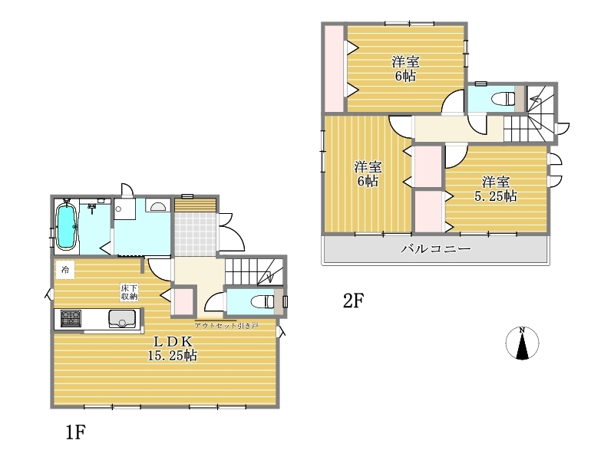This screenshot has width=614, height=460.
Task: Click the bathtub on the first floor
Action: (66, 226)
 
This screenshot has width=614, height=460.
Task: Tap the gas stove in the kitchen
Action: (71, 318)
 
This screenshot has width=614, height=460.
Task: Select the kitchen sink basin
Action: (123, 318)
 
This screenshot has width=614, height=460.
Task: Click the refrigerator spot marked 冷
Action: (65, 270)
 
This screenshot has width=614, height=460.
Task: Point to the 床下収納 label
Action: (129, 292)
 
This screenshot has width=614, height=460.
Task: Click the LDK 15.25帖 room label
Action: (172, 349)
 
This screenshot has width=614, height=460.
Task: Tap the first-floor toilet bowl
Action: (262, 301)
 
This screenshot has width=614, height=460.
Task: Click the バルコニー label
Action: (435, 248)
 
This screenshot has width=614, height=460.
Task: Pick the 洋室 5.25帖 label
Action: (496, 189)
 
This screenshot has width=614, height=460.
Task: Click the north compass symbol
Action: (522, 343)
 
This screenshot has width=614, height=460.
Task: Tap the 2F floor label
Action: (354, 301)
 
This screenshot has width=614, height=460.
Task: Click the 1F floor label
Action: (75, 432)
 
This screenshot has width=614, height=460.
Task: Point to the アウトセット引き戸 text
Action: (226, 325)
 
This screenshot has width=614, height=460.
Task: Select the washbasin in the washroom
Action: (158, 205)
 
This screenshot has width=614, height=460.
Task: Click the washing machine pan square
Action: (125, 209)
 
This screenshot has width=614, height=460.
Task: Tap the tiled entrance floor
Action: (195, 235)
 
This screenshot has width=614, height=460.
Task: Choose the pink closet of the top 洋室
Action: (334, 68)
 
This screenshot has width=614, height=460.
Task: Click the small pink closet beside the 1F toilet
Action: (183, 301)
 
